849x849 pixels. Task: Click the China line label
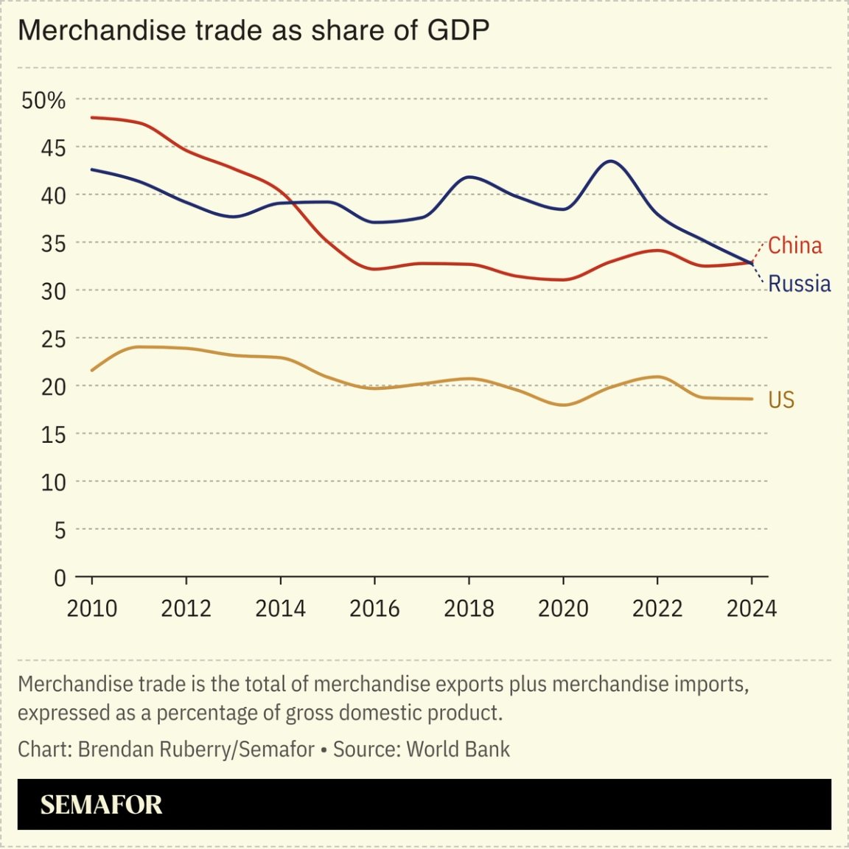tap(794, 245)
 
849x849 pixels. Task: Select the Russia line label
tap(799, 284)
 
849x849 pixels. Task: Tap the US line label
tap(781, 399)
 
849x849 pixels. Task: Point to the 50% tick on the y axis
tap(43, 100)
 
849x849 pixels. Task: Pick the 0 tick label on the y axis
tap(60, 578)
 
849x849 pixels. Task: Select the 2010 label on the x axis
tap(92, 609)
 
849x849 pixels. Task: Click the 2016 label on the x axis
tap(374, 609)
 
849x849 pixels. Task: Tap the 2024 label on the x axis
tap(752, 609)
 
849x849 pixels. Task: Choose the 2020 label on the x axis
tap(563, 609)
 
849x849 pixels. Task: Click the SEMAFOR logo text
tap(101, 805)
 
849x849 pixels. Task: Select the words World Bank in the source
tap(458, 750)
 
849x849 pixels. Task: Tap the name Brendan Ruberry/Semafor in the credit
tap(196, 750)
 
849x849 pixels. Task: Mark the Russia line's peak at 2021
tap(611, 161)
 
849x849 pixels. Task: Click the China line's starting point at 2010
tap(92, 118)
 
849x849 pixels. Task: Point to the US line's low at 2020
tap(563, 405)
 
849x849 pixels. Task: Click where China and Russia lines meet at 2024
tap(751, 262)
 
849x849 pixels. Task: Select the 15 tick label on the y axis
tap(53, 435)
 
